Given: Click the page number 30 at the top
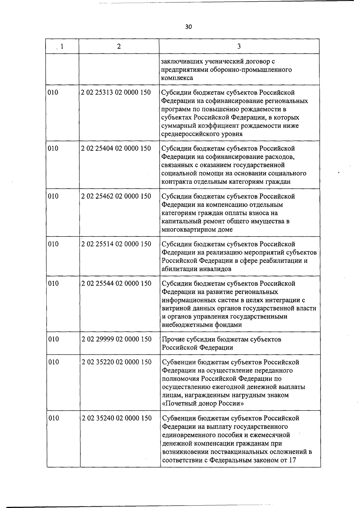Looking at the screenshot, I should (188, 27).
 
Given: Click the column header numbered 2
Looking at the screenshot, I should (119, 46).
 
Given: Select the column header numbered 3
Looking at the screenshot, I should (239, 46).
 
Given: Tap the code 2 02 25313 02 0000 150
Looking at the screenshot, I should (116, 92).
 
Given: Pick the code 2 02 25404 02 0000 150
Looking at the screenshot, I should (116, 148).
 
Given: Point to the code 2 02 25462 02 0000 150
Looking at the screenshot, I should (116, 196).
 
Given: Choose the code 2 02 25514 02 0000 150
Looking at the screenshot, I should (116, 244).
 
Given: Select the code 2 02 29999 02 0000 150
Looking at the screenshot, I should (116, 339).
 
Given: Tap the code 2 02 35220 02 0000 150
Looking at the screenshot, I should (117, 362).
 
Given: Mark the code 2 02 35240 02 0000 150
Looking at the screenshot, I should (117, 418).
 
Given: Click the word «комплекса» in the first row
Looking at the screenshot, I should (177, 78).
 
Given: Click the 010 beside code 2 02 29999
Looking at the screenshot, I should (53, 339).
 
